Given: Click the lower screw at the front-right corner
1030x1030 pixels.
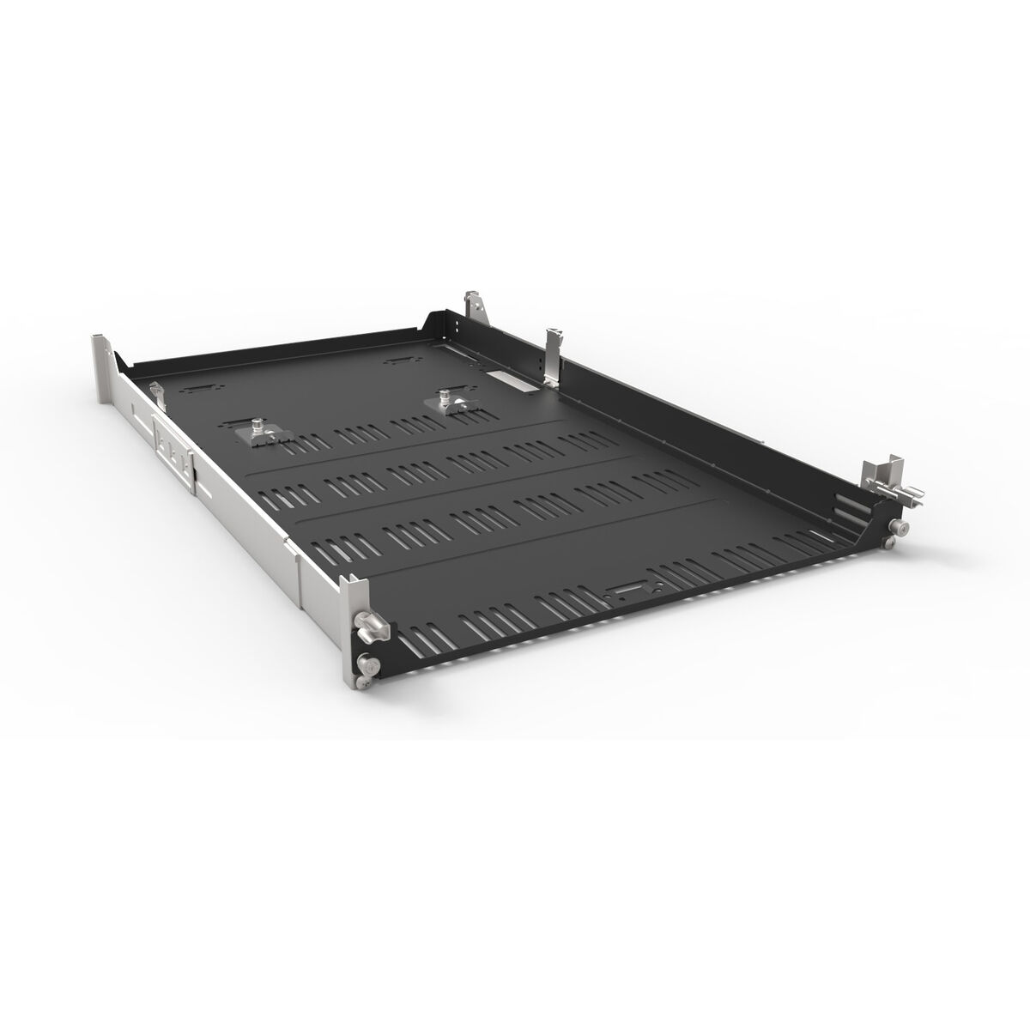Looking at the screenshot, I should (893, 542).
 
